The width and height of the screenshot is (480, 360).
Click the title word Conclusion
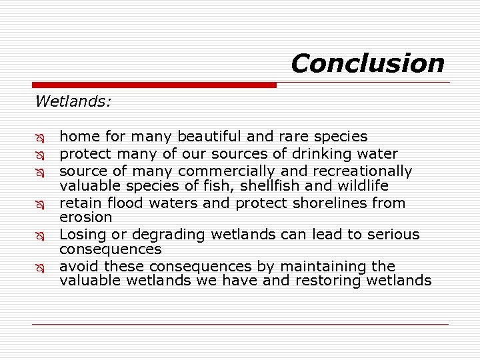367,63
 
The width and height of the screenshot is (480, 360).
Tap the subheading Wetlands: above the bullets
73,101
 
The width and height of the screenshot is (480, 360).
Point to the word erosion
86,217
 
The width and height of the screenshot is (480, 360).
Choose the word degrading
167,235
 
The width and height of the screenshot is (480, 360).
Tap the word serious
393,235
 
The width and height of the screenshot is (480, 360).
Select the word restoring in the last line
333,281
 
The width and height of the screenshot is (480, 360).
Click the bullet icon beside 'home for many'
41,137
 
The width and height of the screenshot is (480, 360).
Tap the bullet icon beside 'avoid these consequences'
41,267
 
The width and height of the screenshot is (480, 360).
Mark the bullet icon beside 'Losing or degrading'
41,235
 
